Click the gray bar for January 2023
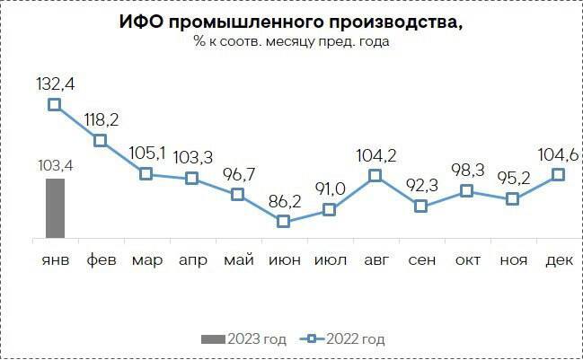coord(54,208)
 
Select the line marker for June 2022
coord(283,221)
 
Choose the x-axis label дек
coord(559,260)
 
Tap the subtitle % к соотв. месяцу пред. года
coord(292,42)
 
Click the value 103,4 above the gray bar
coord(54,165)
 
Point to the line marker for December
coord(558,173)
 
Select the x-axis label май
coord(237,260)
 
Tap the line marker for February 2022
coord(100,140)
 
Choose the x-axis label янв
coord(54,260)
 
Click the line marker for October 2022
coord(466,190)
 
